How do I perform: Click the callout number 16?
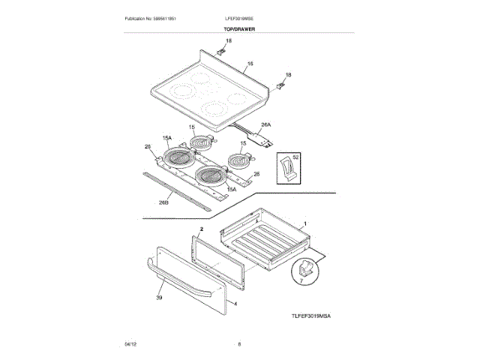251,65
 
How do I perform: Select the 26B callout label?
163,202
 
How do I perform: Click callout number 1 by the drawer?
305,223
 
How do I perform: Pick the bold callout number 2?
202,226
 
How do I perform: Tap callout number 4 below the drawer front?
235,304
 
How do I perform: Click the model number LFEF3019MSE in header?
240,17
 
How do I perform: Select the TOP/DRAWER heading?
239,28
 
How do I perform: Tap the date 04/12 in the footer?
130,343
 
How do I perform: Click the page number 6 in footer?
239,343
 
